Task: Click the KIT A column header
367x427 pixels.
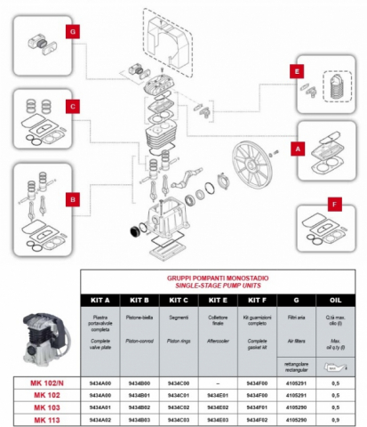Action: tap(100, 300)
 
